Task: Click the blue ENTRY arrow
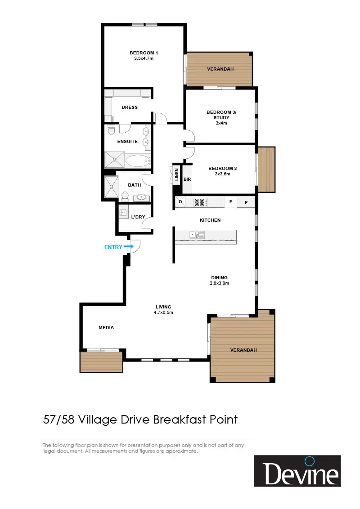pyautogui.click(x=129, y=247)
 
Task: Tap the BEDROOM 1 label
pyautogui.click(x=144, y=53)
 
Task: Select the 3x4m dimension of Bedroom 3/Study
pyautogui.click(x=221, y=123)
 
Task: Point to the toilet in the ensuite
pyautogui.click(x=112, y=129)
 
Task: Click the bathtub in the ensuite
pyautogui.click(x=138, y=161)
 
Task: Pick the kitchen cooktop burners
pyautogui.click(x=200, y=202)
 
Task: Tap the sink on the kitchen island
pyautogui.click(x=197, y=234)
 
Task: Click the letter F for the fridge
pyautogui.click(x=231, y=202)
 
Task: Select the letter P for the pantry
pyautogui.click(x=246, y=202)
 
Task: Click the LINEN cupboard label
pyautogui.click(x=177, y=174)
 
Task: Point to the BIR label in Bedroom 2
pyautogui.click(x=187, y=179)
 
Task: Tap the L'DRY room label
pyautogui.click(x=138, y=217)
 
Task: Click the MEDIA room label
pyautogui.click(x=106, y=327)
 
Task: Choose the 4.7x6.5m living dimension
pyautogui.click(x=163, y=313)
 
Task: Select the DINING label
pyautogui.click(x=219, y=277)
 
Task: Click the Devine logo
pyautogui.click(x=297, y=471)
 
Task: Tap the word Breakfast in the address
pyautogui.click(x=180, y=420)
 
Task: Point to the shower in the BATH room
pyautogui.click(x=111, y=187)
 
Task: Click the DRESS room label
pyautogui.click(x=130, y=107)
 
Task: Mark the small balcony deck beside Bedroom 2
pyautogui.click(x=266, y=170)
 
